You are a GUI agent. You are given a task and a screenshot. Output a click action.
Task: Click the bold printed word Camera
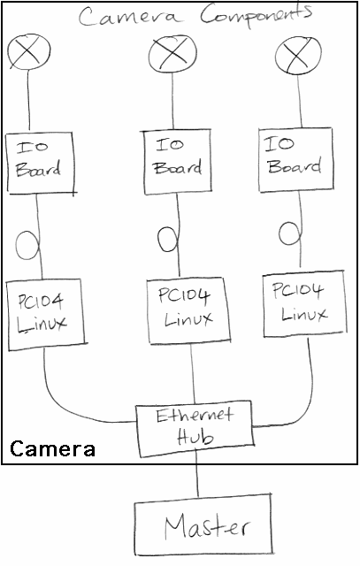click(52, 448)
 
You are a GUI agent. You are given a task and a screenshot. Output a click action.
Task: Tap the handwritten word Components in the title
click(257, 15)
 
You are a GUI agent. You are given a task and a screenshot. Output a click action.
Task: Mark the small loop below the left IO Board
click(17, 245)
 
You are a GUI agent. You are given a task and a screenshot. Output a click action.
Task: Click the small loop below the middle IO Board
click(159, 239)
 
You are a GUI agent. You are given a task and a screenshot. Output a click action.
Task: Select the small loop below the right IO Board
click(280, 233)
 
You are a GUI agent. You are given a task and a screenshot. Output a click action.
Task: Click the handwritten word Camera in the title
click(128, 16)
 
